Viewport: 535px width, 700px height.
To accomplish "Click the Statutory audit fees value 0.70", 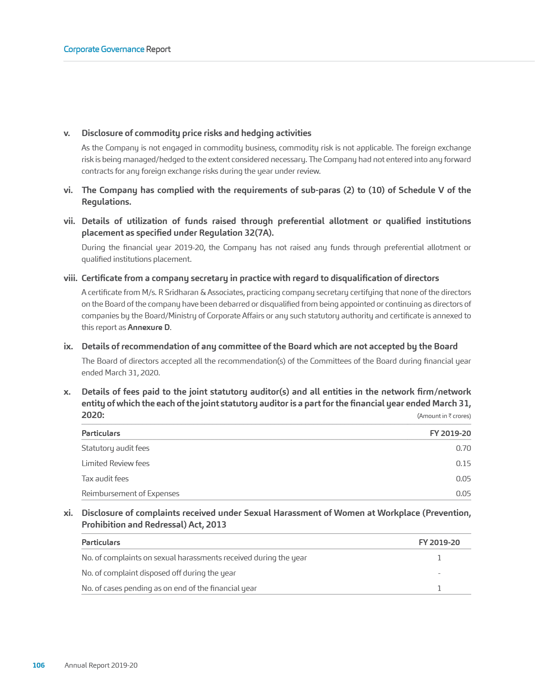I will coord(463,448).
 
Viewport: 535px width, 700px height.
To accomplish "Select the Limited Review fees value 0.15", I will coord(463,463).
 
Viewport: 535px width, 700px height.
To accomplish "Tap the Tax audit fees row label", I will coord(105,479).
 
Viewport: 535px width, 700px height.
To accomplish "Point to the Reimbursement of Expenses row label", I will coord(130,493).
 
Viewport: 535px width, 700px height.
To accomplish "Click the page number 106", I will coord(39,665).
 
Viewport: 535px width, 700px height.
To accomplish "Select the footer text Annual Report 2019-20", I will coord(101,665).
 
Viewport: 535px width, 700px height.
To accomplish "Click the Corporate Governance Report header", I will coord(117,49).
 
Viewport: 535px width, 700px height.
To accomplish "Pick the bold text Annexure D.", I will coord(149,327).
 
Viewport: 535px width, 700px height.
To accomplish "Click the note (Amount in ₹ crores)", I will coord(444,416).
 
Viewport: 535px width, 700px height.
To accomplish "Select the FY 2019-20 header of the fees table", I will coord(450,433).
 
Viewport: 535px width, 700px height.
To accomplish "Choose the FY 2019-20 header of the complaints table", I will coord(439,542).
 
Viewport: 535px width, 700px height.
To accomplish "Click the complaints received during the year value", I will coord(439,558).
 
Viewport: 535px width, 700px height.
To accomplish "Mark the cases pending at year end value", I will coord(439,588).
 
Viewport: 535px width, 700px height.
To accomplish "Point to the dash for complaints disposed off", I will coord(439,573).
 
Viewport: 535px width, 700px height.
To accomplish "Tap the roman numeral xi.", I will coord(68,513).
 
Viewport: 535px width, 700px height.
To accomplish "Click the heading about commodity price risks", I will coord(196,133).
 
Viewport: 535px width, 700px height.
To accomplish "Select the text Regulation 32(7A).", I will coord(243,233).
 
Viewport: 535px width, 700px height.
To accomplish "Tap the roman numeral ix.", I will coord(68,346).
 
